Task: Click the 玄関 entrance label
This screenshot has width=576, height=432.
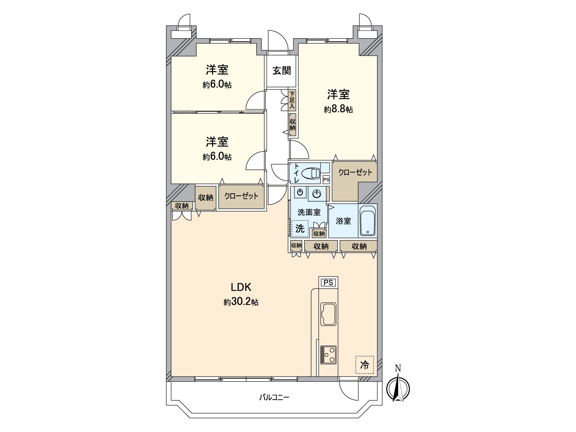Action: click(x=281, y=71)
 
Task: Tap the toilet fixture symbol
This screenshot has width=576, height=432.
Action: click(x=310, y=174)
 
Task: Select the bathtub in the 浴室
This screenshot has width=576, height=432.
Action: click(x=368, y=221)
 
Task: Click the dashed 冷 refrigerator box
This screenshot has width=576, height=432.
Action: click(x=364, y=365)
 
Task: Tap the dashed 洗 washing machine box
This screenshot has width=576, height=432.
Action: click(x=300, y=228)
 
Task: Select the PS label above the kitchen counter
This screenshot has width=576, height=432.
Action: click(x=328, y=283)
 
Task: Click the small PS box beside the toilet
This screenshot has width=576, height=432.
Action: click(x=326, y=180)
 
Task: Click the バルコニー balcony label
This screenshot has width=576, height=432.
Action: click(x=274, y=398)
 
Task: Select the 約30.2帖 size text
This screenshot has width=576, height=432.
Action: click(x=241, y=302)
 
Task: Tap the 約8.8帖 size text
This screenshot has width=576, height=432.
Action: click(x=338, y=109)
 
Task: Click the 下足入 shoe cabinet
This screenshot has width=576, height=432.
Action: click(x=292, y=100)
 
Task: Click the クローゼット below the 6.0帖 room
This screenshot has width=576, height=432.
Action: click(x=241, y=196)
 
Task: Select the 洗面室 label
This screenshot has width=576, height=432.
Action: click(x=309, y=212)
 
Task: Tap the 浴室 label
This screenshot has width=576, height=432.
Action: click(x=343, y=221)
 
